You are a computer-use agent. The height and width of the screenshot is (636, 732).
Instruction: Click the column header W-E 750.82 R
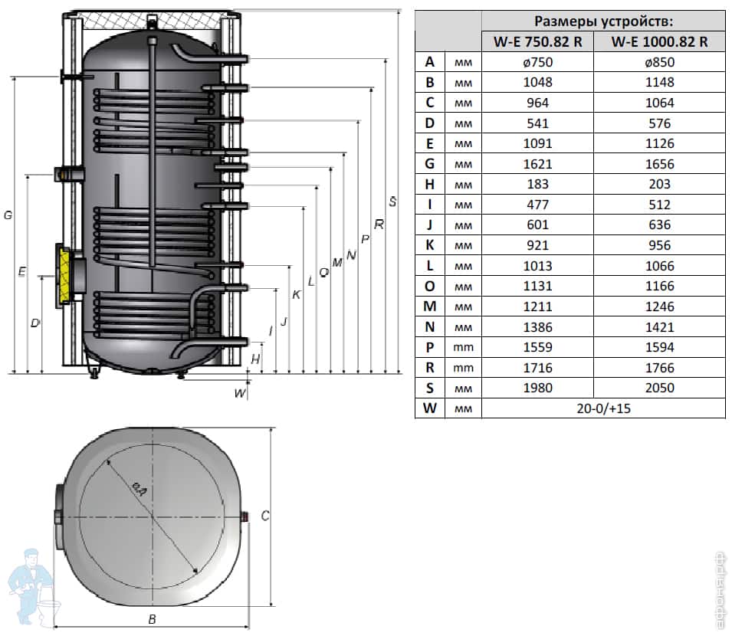537,42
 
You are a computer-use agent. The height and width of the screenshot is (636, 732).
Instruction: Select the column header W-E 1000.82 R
659,42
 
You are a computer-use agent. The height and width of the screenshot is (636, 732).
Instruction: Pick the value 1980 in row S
537,388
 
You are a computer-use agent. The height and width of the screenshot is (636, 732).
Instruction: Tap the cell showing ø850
659,62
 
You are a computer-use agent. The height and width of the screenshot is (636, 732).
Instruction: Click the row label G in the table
430,164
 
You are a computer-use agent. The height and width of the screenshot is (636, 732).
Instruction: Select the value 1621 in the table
537,164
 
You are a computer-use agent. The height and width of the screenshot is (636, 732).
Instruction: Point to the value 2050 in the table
659,388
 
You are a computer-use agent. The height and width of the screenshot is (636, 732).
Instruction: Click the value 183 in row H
537,184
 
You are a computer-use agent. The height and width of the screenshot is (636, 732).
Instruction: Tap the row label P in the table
430,347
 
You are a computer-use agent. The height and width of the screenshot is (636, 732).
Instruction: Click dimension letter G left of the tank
8,215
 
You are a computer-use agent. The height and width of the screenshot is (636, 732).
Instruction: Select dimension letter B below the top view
152,619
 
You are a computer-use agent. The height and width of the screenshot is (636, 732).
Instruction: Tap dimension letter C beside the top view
265,516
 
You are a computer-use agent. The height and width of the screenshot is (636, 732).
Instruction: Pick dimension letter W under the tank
240,394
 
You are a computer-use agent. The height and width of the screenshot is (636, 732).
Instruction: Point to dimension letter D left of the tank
34,323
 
